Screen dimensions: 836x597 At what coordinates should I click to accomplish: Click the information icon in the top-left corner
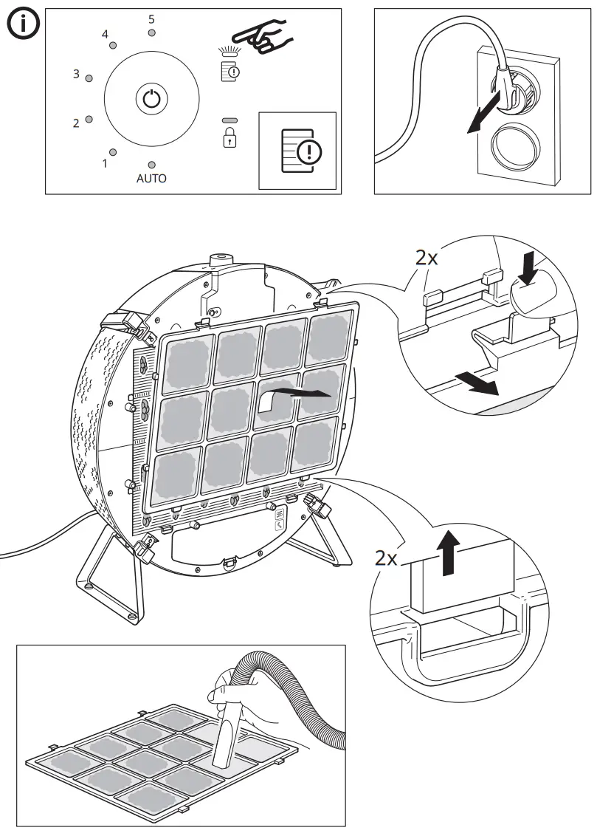coord(24,26)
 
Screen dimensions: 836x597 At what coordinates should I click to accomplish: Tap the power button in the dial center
coord(151,99)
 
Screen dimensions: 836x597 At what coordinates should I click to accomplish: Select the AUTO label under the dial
coord(151,179)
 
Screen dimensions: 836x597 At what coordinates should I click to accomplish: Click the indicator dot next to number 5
coord(151,33)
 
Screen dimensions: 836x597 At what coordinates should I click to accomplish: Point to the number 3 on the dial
coord(76,75)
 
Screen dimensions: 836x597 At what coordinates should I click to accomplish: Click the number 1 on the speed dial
coord(104,162)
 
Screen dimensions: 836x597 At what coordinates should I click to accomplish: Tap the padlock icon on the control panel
coord(230,137)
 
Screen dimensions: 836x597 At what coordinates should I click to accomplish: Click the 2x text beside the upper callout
coord(427,258)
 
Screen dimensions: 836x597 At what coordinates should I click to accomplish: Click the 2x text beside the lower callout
coord(386,558)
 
